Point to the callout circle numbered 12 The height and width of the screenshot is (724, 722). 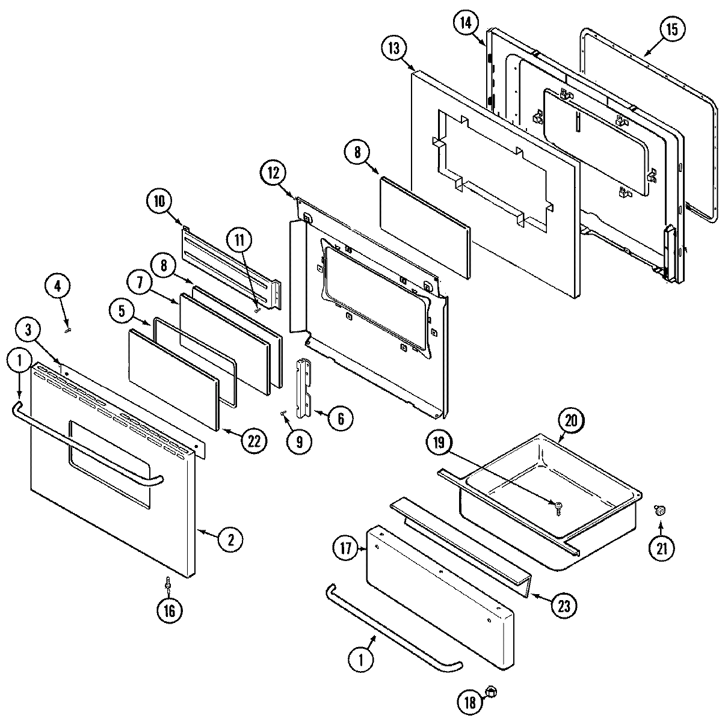(274, 173)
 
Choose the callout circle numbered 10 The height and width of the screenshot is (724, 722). (159, 201)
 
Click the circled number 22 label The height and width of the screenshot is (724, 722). (253, 441)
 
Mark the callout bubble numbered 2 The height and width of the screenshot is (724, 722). (230, 539)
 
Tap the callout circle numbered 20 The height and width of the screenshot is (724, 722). (571, 420)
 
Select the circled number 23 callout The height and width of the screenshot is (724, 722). (563, 604)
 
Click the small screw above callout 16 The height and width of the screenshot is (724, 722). (168, 583)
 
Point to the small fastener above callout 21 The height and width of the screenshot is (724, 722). (660, 511)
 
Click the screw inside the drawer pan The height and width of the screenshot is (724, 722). (560, 507)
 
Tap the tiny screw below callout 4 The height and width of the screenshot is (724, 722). (69, 328)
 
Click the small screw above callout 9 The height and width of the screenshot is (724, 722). (283, 413)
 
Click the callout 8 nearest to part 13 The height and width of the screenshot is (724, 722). (357, 153)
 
